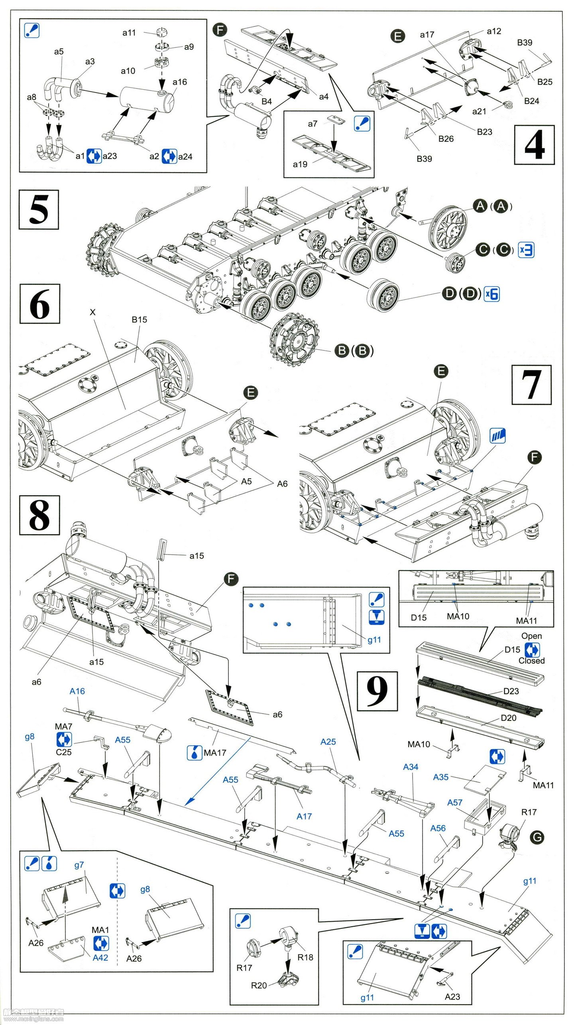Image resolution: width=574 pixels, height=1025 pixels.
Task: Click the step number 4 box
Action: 534,144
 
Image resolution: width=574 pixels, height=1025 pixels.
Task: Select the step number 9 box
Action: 377,691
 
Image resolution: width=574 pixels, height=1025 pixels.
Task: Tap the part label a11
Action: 129,33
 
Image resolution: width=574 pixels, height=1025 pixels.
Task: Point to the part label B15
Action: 139,319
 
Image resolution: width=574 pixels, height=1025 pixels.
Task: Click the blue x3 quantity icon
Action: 526,250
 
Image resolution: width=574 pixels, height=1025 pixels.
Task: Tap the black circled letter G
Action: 537,838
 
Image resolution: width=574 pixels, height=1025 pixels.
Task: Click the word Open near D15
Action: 531,636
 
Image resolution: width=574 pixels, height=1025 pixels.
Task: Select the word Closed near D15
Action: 531,661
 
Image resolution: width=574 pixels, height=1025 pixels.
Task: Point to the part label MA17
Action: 215,753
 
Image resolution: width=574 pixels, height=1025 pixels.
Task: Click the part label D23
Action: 511,691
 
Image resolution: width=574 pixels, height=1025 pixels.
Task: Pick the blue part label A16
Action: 77,691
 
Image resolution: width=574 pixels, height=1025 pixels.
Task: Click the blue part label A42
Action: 100,958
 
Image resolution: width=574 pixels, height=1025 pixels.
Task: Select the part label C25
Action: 63,752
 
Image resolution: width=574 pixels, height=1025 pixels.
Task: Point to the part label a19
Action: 300,164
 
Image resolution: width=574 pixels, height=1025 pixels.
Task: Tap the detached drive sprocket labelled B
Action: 295,339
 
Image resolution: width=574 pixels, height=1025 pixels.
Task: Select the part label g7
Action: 79,865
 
